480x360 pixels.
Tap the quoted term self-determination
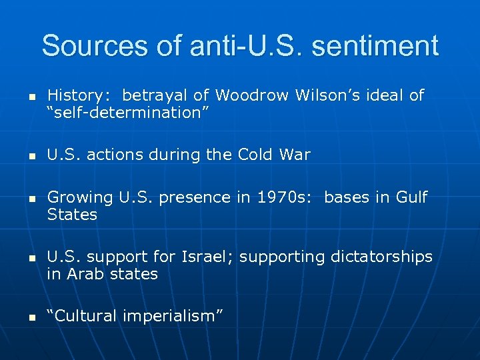(x=128, y=113)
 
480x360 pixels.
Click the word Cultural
(x=83, y=316)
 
